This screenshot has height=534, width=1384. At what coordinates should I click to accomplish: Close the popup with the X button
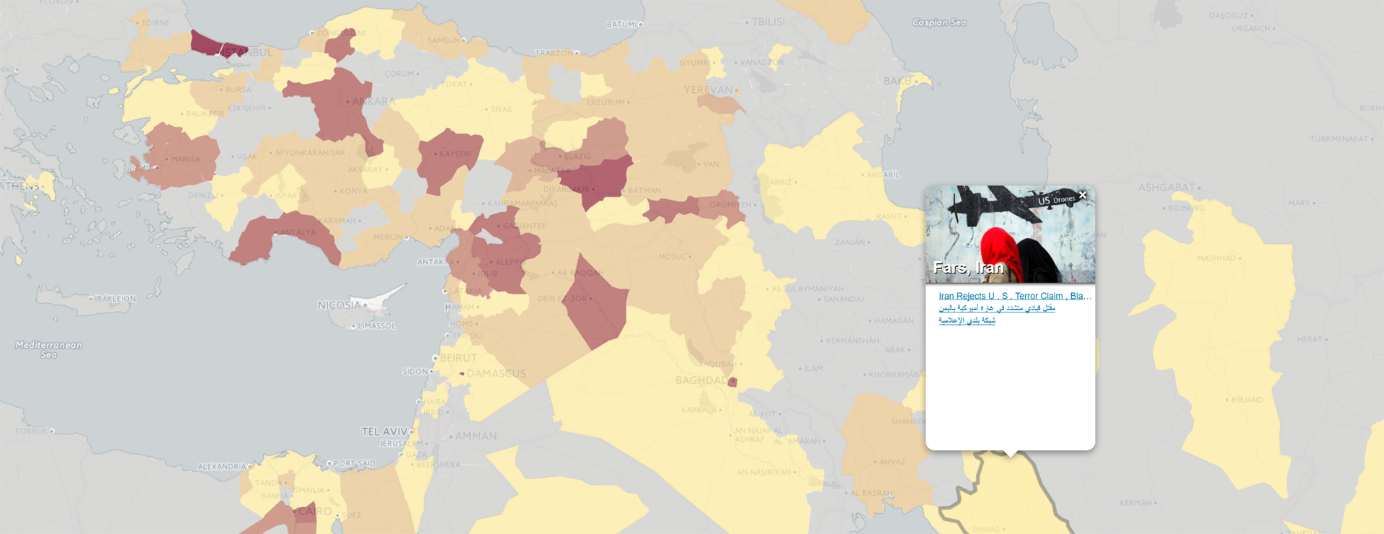pos(1082,195)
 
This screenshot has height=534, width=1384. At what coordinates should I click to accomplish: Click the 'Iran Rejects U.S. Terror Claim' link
pos(1014,296)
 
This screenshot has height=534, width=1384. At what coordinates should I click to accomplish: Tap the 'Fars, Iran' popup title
pos(968,268)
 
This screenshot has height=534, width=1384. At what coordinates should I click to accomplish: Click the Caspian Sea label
pos(939,22)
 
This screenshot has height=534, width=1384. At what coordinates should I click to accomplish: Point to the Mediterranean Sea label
pos(48,349)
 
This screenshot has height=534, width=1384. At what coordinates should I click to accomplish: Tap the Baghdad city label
pos(701,380)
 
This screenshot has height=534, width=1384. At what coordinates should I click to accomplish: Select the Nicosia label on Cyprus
pos(339,305)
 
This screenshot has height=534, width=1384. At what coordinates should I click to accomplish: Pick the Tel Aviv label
pos(384,432)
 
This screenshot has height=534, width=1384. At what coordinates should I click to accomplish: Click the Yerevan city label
pos(707,90)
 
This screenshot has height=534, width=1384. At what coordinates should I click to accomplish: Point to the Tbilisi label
pos(768,22)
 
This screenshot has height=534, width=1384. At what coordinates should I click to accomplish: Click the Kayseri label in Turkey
pos(455,154)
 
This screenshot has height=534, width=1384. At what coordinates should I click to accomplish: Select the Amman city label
pos(475,436)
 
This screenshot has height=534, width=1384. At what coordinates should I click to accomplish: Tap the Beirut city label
pos(458,358)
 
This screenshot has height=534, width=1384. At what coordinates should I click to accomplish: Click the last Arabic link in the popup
pos(967,320)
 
